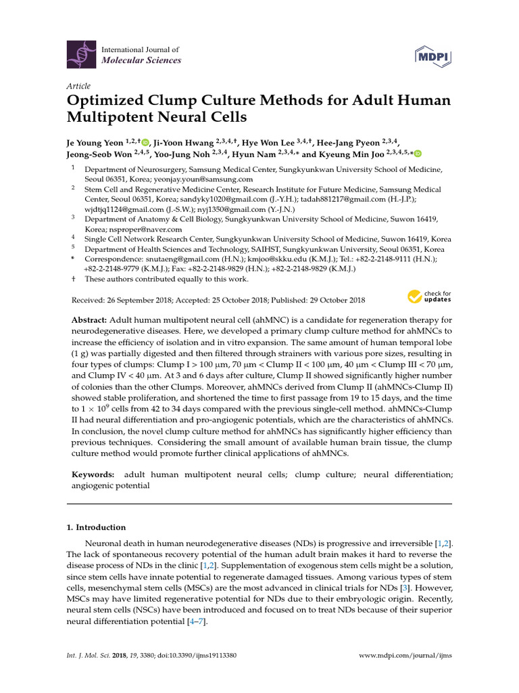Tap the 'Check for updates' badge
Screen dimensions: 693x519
click(429, 296)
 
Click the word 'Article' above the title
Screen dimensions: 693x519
click(78, 86)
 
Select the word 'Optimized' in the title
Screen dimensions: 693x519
click(107, 101)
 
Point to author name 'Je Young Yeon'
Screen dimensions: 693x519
click(96, 143)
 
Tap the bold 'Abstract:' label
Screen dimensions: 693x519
click(89, 319)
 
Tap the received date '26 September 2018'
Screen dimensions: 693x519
click(142, 300)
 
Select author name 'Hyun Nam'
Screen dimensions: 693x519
click(253, 154)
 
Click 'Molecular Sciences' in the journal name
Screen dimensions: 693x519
click(141, 60)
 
